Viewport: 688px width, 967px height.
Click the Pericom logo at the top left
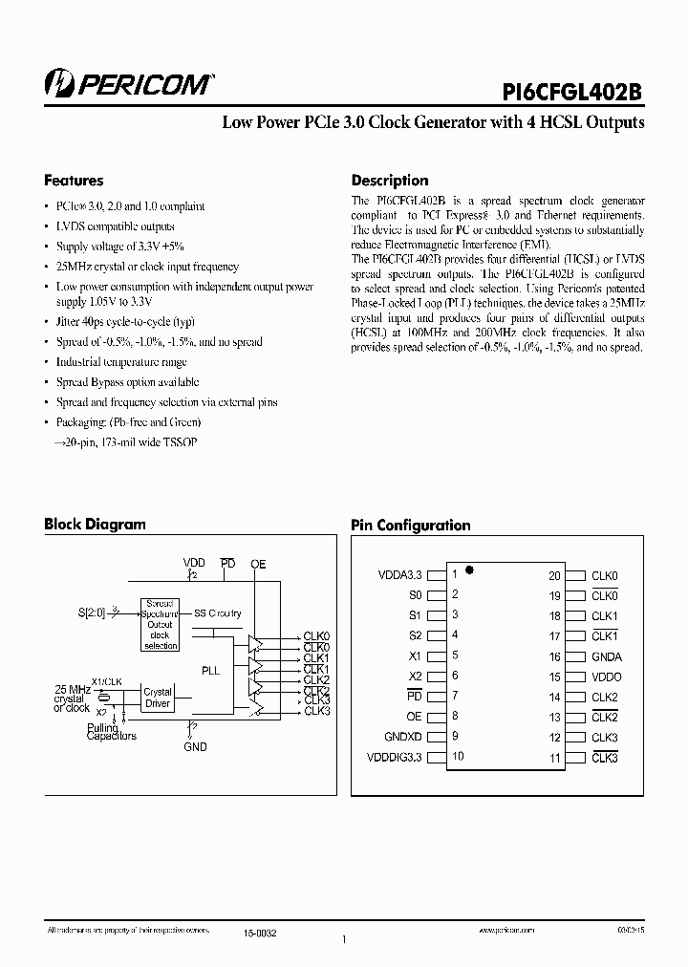(129, 84)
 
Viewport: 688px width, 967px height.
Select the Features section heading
(74, 181)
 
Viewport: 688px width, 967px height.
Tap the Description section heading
(390, 181)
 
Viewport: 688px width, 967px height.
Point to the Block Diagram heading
(95, 524)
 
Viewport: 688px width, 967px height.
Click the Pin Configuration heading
(410, 525)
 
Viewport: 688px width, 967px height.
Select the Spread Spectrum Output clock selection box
(160, 625)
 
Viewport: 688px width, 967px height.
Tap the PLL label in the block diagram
(210, 671)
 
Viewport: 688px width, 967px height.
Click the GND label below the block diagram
(195, 746)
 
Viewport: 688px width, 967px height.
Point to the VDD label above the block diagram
(194, 564)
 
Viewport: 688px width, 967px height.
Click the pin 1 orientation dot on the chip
(469, 569)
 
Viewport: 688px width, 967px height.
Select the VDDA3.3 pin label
(399, 576)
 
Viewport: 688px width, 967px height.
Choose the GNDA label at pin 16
(606, 657)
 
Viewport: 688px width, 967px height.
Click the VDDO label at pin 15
(606, 677)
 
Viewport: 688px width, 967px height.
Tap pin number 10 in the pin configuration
(458, 757)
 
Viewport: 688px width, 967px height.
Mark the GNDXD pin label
(402, 737)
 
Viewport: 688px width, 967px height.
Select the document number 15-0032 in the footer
(259, 931)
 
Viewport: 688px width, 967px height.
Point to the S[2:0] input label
(94, 612)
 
